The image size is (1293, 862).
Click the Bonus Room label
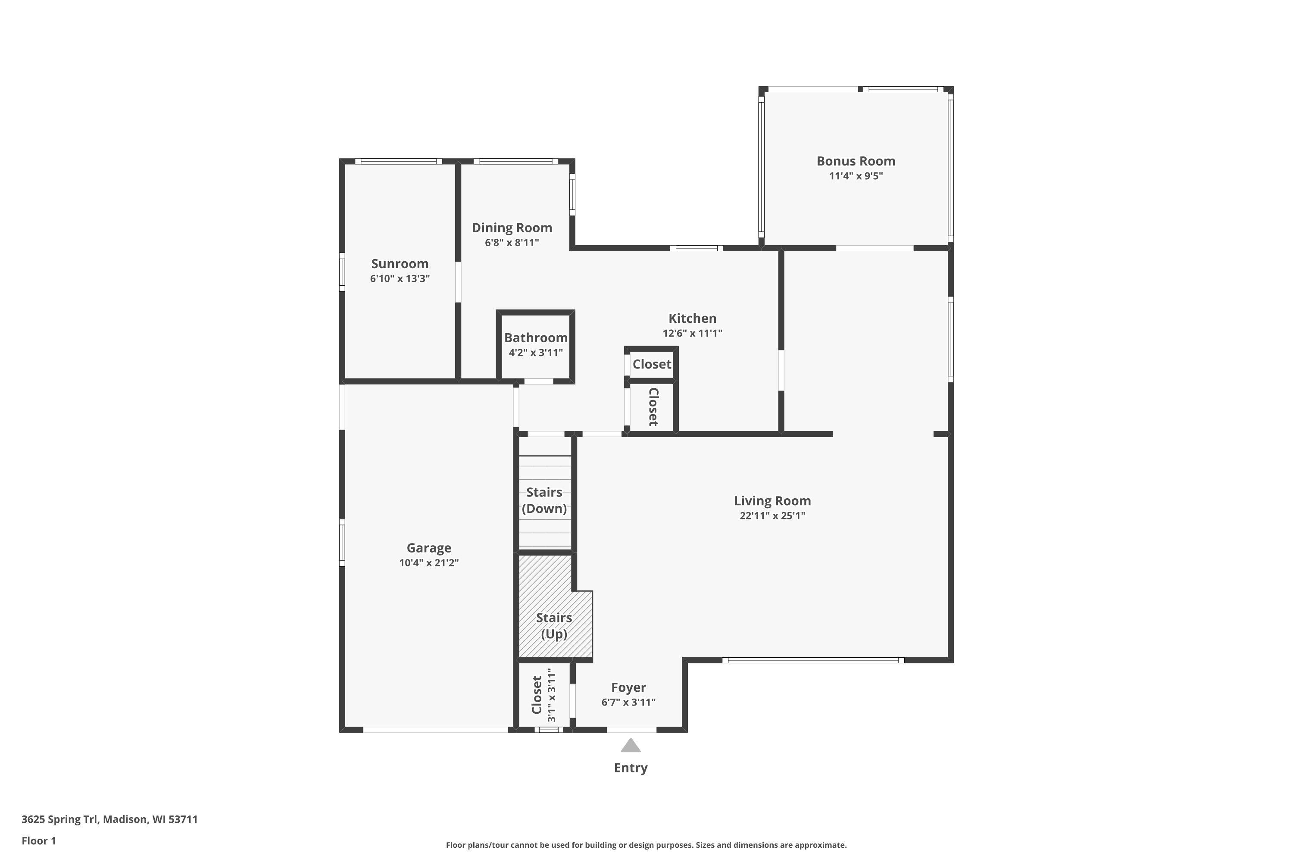856,161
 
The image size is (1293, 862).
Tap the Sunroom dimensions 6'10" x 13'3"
400,279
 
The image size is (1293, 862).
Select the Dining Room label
512,228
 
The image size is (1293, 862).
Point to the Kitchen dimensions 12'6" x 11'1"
692,333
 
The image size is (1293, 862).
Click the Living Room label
772,501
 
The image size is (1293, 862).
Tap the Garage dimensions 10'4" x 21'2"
429,563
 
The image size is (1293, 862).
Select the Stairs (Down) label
544,500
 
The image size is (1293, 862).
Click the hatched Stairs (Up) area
554,626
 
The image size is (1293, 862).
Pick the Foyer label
628,688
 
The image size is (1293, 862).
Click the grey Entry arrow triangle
631,746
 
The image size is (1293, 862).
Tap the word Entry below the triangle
631,768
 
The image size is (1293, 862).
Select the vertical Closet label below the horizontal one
653,407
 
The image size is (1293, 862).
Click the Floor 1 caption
38,840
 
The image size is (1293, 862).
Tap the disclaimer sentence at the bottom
646,845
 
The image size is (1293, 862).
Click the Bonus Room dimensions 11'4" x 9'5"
856,176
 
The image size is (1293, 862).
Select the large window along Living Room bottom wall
812,660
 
